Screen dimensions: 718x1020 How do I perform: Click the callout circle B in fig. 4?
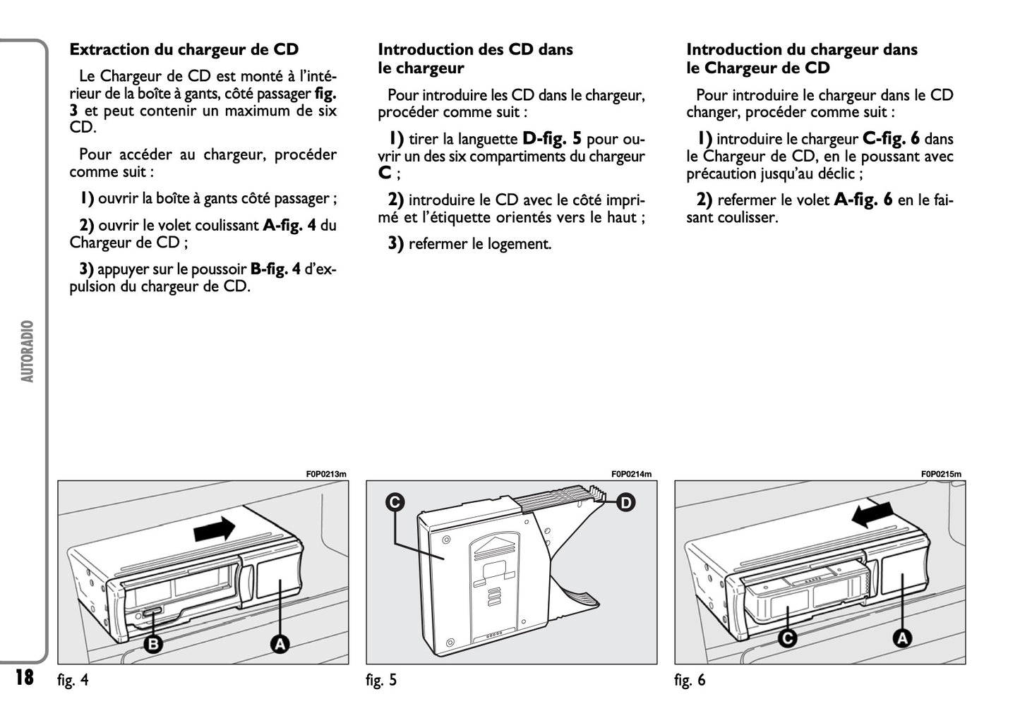pyautogui.click(x=153, y=643)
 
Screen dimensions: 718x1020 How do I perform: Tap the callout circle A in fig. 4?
pyautogui.click(x=280, y=643)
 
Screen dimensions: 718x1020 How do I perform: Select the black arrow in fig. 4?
pyautogui.click(x=215, y=528)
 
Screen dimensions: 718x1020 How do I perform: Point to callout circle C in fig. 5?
pyautogui.click(x=395, y=501)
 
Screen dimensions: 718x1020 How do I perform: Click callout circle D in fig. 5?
pyautogui.click(x=625, y=502)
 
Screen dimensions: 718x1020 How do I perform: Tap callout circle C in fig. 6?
pyautogui.click(x=787, y=638)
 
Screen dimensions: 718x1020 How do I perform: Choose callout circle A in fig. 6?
pyautogui.click(x=901, y=638)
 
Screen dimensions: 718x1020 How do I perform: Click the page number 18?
pyautogui.click(x=24, y=678)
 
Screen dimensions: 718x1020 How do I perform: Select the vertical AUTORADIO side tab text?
pyautogui.click(x=28, y=351)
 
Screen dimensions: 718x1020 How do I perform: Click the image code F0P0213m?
pyautogui.click(x=326, y=474)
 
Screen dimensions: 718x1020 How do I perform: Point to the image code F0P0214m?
pyautogui.click(x=631, y=474)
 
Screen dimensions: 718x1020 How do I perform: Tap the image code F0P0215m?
pyautogui.click(x=940, y=474)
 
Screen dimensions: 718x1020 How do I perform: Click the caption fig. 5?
pyautogui.click(x=381, y=681)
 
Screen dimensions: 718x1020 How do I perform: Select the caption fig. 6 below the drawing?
pyautogui.click(x=690, y=681)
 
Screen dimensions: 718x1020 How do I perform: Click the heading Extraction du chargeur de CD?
pyautogui.click(x=184, y=49)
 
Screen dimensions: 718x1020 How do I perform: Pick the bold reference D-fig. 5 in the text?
pyautogui.click(x=552, y=139)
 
